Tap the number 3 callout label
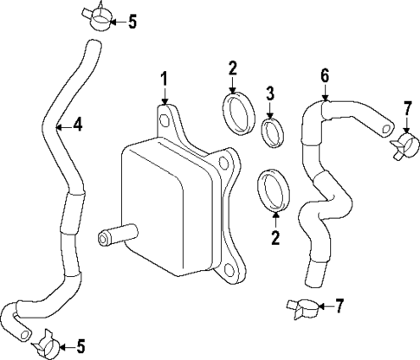click(x=269, y=92)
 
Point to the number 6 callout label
click(x=325, y=75)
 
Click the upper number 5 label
click(x=132, y=22)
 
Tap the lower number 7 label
click(x=339, y=306)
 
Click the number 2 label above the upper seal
click(x=232, y=68)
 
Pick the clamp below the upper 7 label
click(x=402, y=145)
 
